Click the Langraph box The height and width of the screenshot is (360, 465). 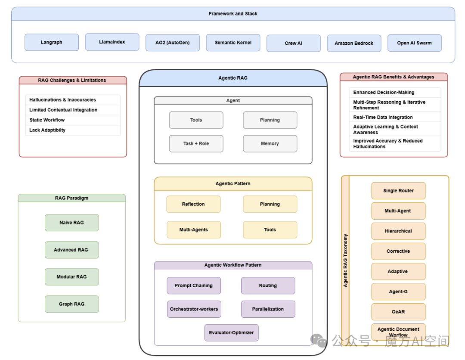[52, 43]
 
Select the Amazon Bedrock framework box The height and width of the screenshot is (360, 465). [354, 43]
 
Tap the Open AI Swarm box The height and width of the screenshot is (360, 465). [414, 43]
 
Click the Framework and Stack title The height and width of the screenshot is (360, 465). [233, 14]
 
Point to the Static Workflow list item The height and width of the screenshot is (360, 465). [47, 120]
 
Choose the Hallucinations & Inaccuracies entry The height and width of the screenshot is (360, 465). [63, 100]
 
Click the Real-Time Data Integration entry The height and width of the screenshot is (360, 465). [383, 117]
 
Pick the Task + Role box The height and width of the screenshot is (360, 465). [196, 143]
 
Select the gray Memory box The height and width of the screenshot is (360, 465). [270, 143]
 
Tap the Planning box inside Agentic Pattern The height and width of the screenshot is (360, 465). [270, 204]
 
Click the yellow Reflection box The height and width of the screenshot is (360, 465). [193, 204]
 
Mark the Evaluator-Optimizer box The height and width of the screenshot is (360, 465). [231, 332]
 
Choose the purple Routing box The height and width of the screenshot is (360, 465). [268, 286]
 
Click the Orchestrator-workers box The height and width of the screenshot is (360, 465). [194, 309]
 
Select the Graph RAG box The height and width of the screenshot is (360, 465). [72, 304]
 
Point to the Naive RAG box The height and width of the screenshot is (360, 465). [72, 223]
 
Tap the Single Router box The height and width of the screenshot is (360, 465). [398, 191]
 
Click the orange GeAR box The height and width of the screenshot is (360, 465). [398, 312]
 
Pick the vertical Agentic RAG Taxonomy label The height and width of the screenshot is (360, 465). [345, 261]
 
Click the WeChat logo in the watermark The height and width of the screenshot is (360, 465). [319, 341]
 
